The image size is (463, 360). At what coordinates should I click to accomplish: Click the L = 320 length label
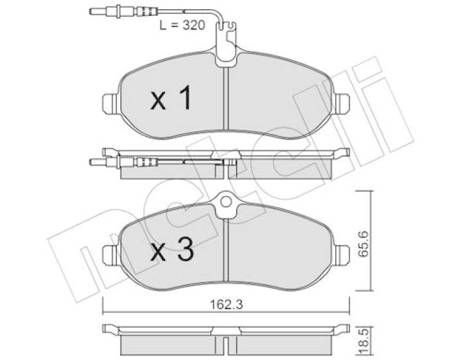pos(182,25)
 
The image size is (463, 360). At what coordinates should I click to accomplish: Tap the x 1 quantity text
pos(171,99)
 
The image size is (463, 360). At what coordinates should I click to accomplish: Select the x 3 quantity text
pos(172,250)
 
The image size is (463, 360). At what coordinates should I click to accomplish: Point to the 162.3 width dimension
pos(226,304)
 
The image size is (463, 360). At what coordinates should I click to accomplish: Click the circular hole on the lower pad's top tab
pos(226,202)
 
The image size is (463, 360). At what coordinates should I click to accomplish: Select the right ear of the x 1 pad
pos(343,104)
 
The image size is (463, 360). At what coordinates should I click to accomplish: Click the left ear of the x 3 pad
pos(111,255)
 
